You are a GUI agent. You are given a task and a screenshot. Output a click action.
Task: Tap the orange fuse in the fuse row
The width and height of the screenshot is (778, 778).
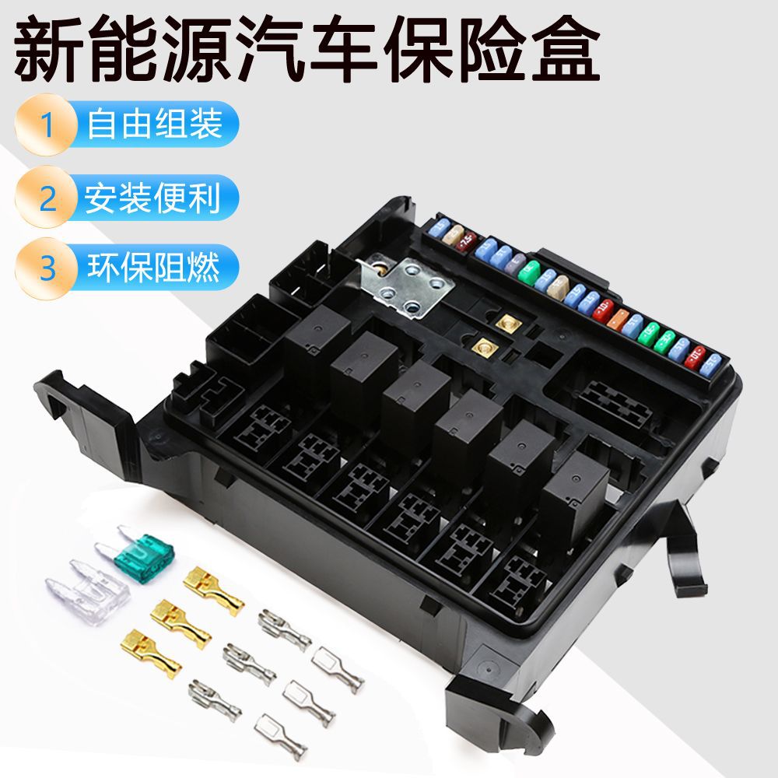tap(621, 318)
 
